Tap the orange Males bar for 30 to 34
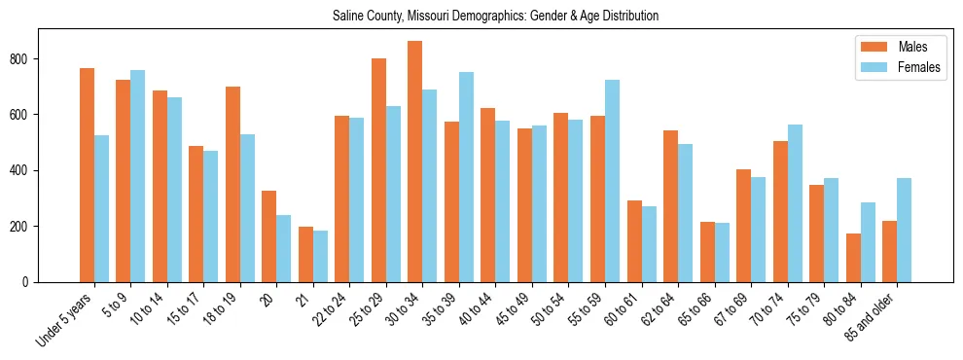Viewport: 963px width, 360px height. [415, 162]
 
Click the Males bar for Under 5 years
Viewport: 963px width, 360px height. [87, 175]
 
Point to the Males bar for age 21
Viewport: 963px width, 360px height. [305, 254]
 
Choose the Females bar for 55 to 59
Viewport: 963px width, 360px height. [612, 181]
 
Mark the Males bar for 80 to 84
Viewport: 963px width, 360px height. [853, 258]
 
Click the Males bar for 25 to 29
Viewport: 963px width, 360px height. [378, 170]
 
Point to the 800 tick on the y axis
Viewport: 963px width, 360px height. [26, 59]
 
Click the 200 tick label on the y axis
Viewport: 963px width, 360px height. [26, 227]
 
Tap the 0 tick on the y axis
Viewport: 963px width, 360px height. [31, 282]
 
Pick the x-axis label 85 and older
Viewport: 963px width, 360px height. [874, 315]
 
